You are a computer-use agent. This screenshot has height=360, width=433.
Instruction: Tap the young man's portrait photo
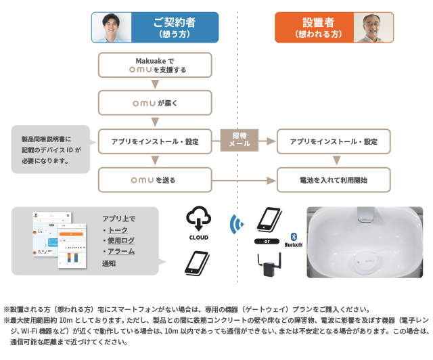click(x=112, y=28)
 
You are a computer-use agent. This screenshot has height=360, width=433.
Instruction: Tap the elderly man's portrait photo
click(x=372, y=28)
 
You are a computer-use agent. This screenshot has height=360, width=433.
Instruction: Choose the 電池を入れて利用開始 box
click(x=334, y=181)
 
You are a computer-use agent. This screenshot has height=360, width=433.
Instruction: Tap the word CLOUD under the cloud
click(x=198, y=238)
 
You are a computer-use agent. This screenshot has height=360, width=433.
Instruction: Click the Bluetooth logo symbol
click(x=294, y=235)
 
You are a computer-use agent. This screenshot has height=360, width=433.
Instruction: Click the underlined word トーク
click(x=118, y=230)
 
